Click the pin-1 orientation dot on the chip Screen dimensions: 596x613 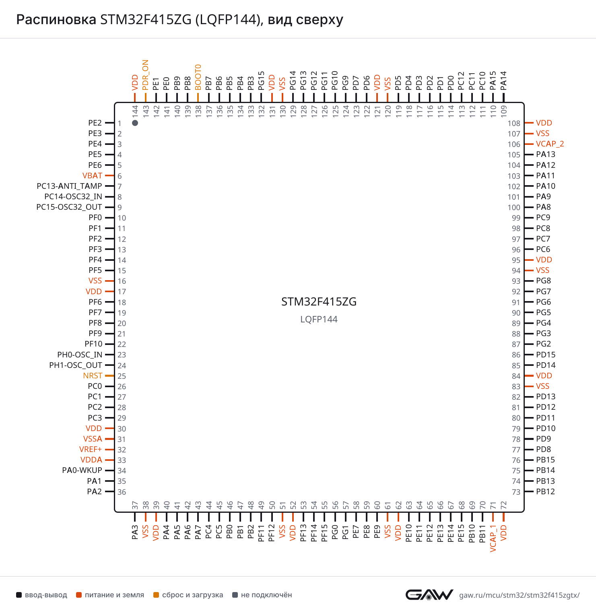(x=135, y=123)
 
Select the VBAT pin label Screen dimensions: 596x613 (x=92, y=176)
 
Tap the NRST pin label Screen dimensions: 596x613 (x=93, y=376)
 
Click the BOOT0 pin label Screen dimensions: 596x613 (x=198, y=77)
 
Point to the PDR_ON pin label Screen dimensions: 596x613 (x=145, y=75)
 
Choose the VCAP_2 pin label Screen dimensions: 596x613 (x=550, y=144)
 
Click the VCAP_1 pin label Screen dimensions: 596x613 (x=493, y=539)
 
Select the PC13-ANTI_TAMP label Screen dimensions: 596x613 (x=69, y=186)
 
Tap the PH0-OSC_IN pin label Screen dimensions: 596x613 (x=80, y=355)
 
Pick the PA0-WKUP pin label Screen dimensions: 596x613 (x=82, y=471)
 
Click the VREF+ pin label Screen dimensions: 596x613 (x=91, y=450)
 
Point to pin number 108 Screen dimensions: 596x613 (x=514, y=124)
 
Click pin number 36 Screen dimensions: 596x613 (x=122, y=492)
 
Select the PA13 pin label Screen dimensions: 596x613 (x=546, y=155)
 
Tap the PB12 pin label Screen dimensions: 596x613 (x=546, y=492)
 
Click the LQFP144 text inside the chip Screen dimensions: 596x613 (x=319, y=320)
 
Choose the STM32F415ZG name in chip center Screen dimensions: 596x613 (x=319, y=302)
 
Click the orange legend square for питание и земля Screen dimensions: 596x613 (x=79, y=595)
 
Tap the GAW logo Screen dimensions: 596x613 (x=429, y=594)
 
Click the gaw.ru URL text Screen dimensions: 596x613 (x=519, y=595)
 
